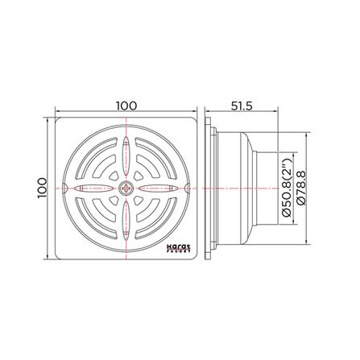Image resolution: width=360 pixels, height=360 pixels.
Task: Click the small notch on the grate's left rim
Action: click(65, 188)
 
